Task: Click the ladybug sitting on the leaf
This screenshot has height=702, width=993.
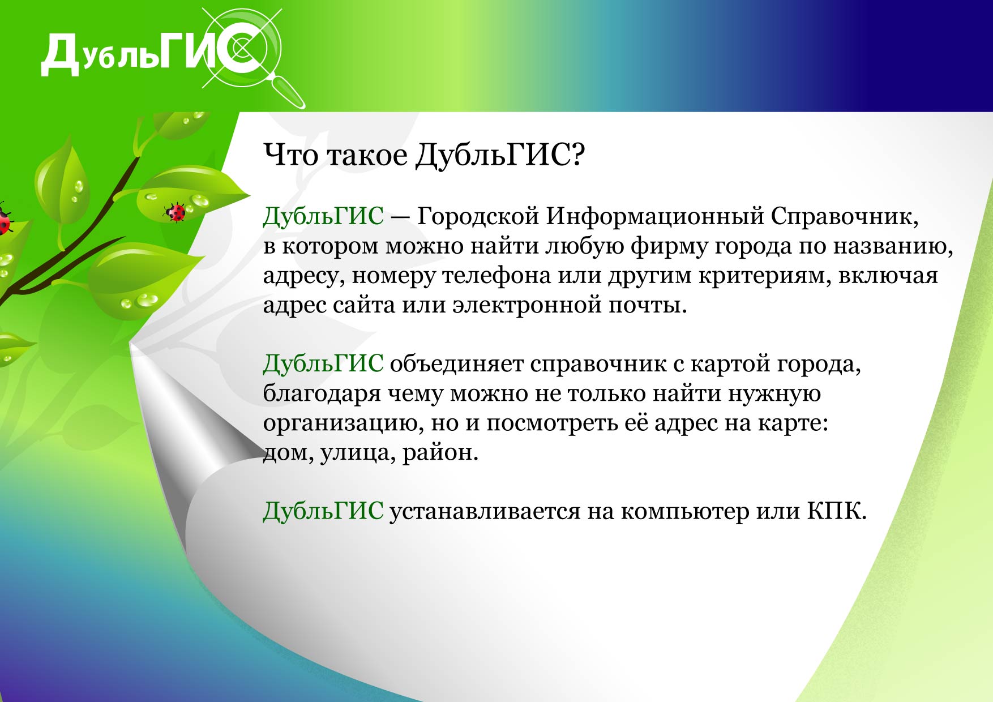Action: click(176, 213)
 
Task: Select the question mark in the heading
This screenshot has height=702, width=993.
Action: click(577, 154)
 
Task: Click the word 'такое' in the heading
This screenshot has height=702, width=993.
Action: click(367, 155)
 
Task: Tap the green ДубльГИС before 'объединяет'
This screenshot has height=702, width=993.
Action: click(323, 364)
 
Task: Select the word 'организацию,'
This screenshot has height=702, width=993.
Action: click(343, 423)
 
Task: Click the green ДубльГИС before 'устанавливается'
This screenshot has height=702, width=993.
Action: click(323, 511)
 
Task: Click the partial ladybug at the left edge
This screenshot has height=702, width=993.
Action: click(5, 220)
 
